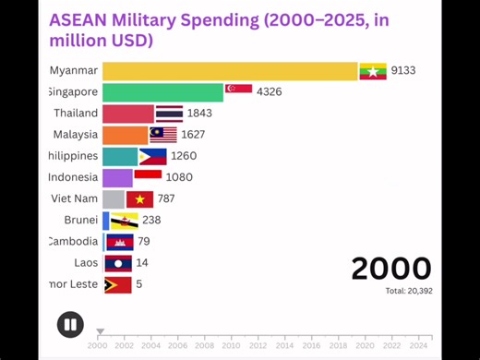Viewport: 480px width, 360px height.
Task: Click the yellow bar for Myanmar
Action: [x=230, y=71]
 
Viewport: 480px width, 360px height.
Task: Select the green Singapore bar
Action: [x=162, y=92]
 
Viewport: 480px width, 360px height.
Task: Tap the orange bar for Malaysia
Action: [x=125, y=135]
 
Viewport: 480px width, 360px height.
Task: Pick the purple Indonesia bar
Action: [x=117, y=177]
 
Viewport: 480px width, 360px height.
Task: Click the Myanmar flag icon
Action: [x=372, y=71]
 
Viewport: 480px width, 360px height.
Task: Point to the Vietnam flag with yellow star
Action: [x=140, y=198]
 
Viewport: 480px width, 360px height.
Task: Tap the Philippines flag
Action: [x=152, y=156]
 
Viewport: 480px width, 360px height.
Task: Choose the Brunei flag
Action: [x=124, y=221]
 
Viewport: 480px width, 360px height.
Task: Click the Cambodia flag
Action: [x=120, y=242]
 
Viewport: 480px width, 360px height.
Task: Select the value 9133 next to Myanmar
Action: [x=403, y=71]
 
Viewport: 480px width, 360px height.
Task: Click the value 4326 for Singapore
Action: [x=270, y=92]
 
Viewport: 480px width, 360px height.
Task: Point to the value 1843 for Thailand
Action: [x=199, y=114]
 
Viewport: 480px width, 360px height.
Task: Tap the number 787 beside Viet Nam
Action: [x=166, y=198]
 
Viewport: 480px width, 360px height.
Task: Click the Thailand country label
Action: [x=75, y=114]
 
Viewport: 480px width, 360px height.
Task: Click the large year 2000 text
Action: [x=390, y=269]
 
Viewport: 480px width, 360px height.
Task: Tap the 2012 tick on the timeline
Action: [x=258, y=345]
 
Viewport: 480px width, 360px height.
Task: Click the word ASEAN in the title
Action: [x=80, y=19]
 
